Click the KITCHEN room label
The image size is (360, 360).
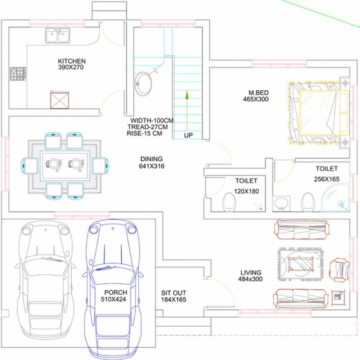point(72,61)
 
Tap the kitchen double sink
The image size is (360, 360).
point(58,36)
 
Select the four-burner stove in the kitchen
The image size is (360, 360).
point(18,74)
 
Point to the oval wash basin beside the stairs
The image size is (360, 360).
point(143,83)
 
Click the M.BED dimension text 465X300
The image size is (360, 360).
point(256,99)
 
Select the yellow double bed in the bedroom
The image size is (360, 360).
point(319,112)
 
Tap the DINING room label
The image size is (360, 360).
point(151,159)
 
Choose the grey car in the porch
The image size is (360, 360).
point(46,277)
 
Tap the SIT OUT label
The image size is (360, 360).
point(173,293)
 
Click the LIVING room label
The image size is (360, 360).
point(251,273)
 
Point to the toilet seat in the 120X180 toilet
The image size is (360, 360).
point(229,202)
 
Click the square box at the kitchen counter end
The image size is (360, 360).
point(59,100)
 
